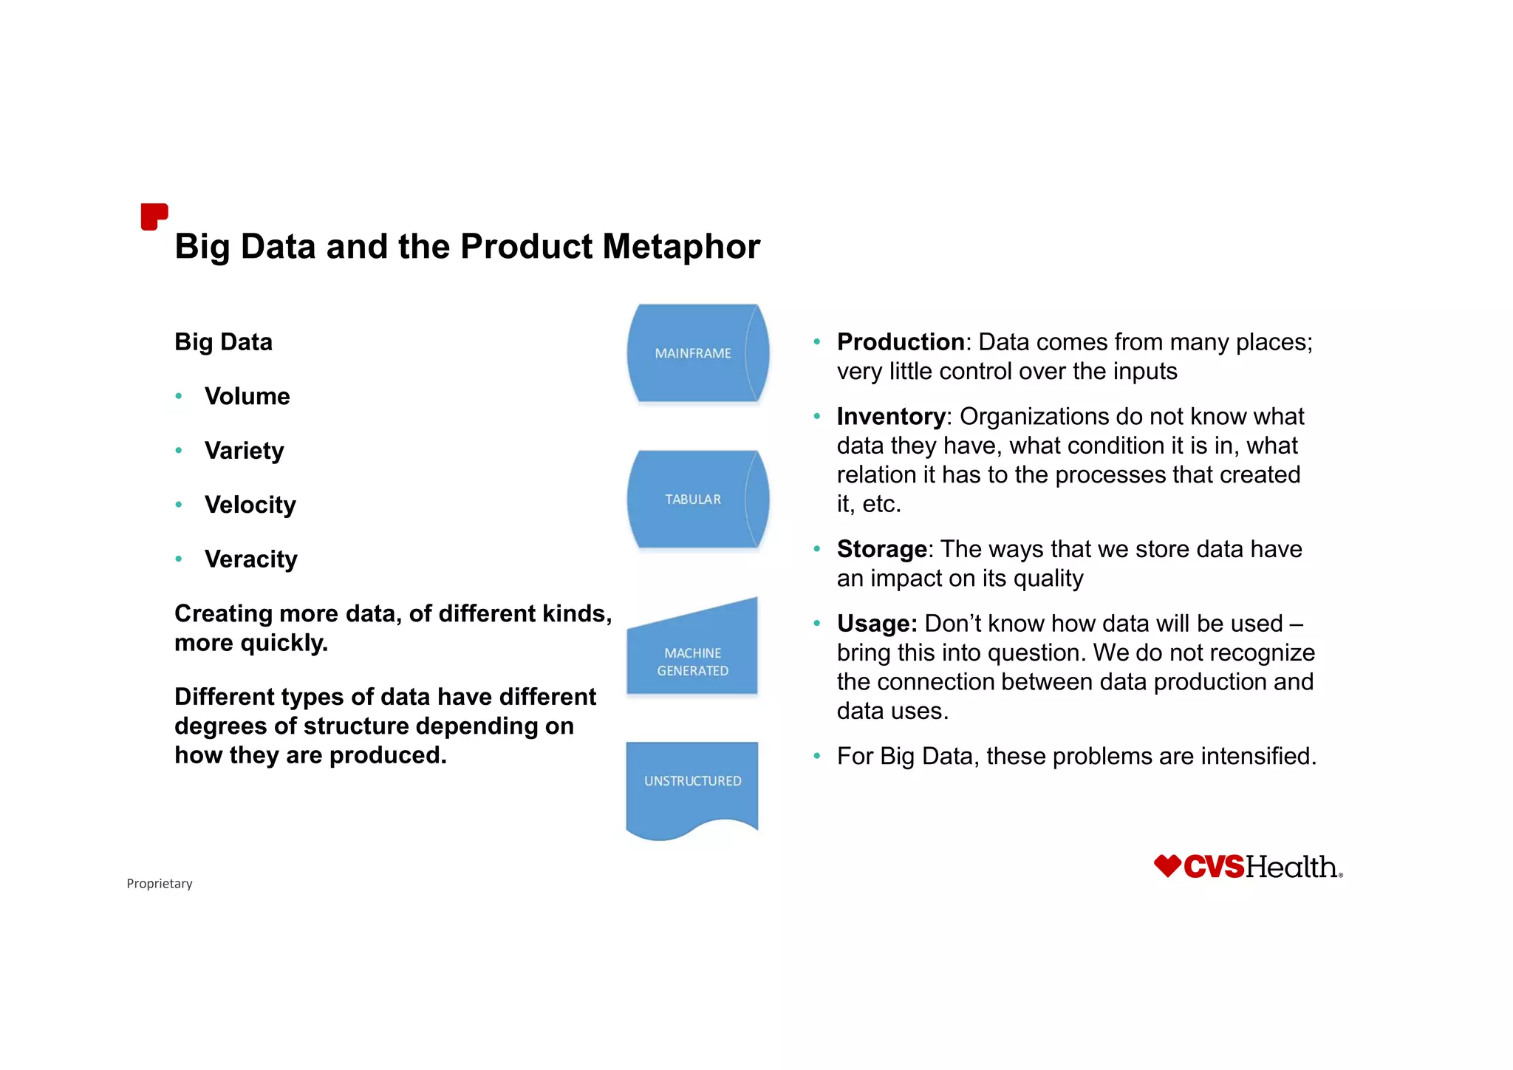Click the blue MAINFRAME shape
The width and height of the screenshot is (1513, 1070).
tap(693, 353)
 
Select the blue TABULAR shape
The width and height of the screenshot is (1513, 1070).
tap(693, 500)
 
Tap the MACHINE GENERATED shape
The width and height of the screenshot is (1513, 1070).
tap(692, 658)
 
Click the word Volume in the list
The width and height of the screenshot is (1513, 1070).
tap(247, 397)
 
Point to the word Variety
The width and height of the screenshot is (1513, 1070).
tap(244, 451)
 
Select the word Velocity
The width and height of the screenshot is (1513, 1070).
tap(250, 505)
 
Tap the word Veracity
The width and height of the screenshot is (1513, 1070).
tap(250, 559)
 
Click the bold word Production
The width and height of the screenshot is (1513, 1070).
tap(901, 342)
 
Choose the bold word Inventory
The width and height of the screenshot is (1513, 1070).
tap(891, 417)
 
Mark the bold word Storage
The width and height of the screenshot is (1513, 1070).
tap(882, 549)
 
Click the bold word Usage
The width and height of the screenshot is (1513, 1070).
tap(877, 624)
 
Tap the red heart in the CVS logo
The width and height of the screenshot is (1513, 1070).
tap(1167, 865)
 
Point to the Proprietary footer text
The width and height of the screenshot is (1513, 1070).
tap(160, 884)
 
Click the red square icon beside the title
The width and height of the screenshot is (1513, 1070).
tap(154, 217)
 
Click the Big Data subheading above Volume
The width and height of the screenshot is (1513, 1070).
tap(223, 342)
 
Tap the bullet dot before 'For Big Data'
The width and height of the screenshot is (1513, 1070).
tap(817, 757)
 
